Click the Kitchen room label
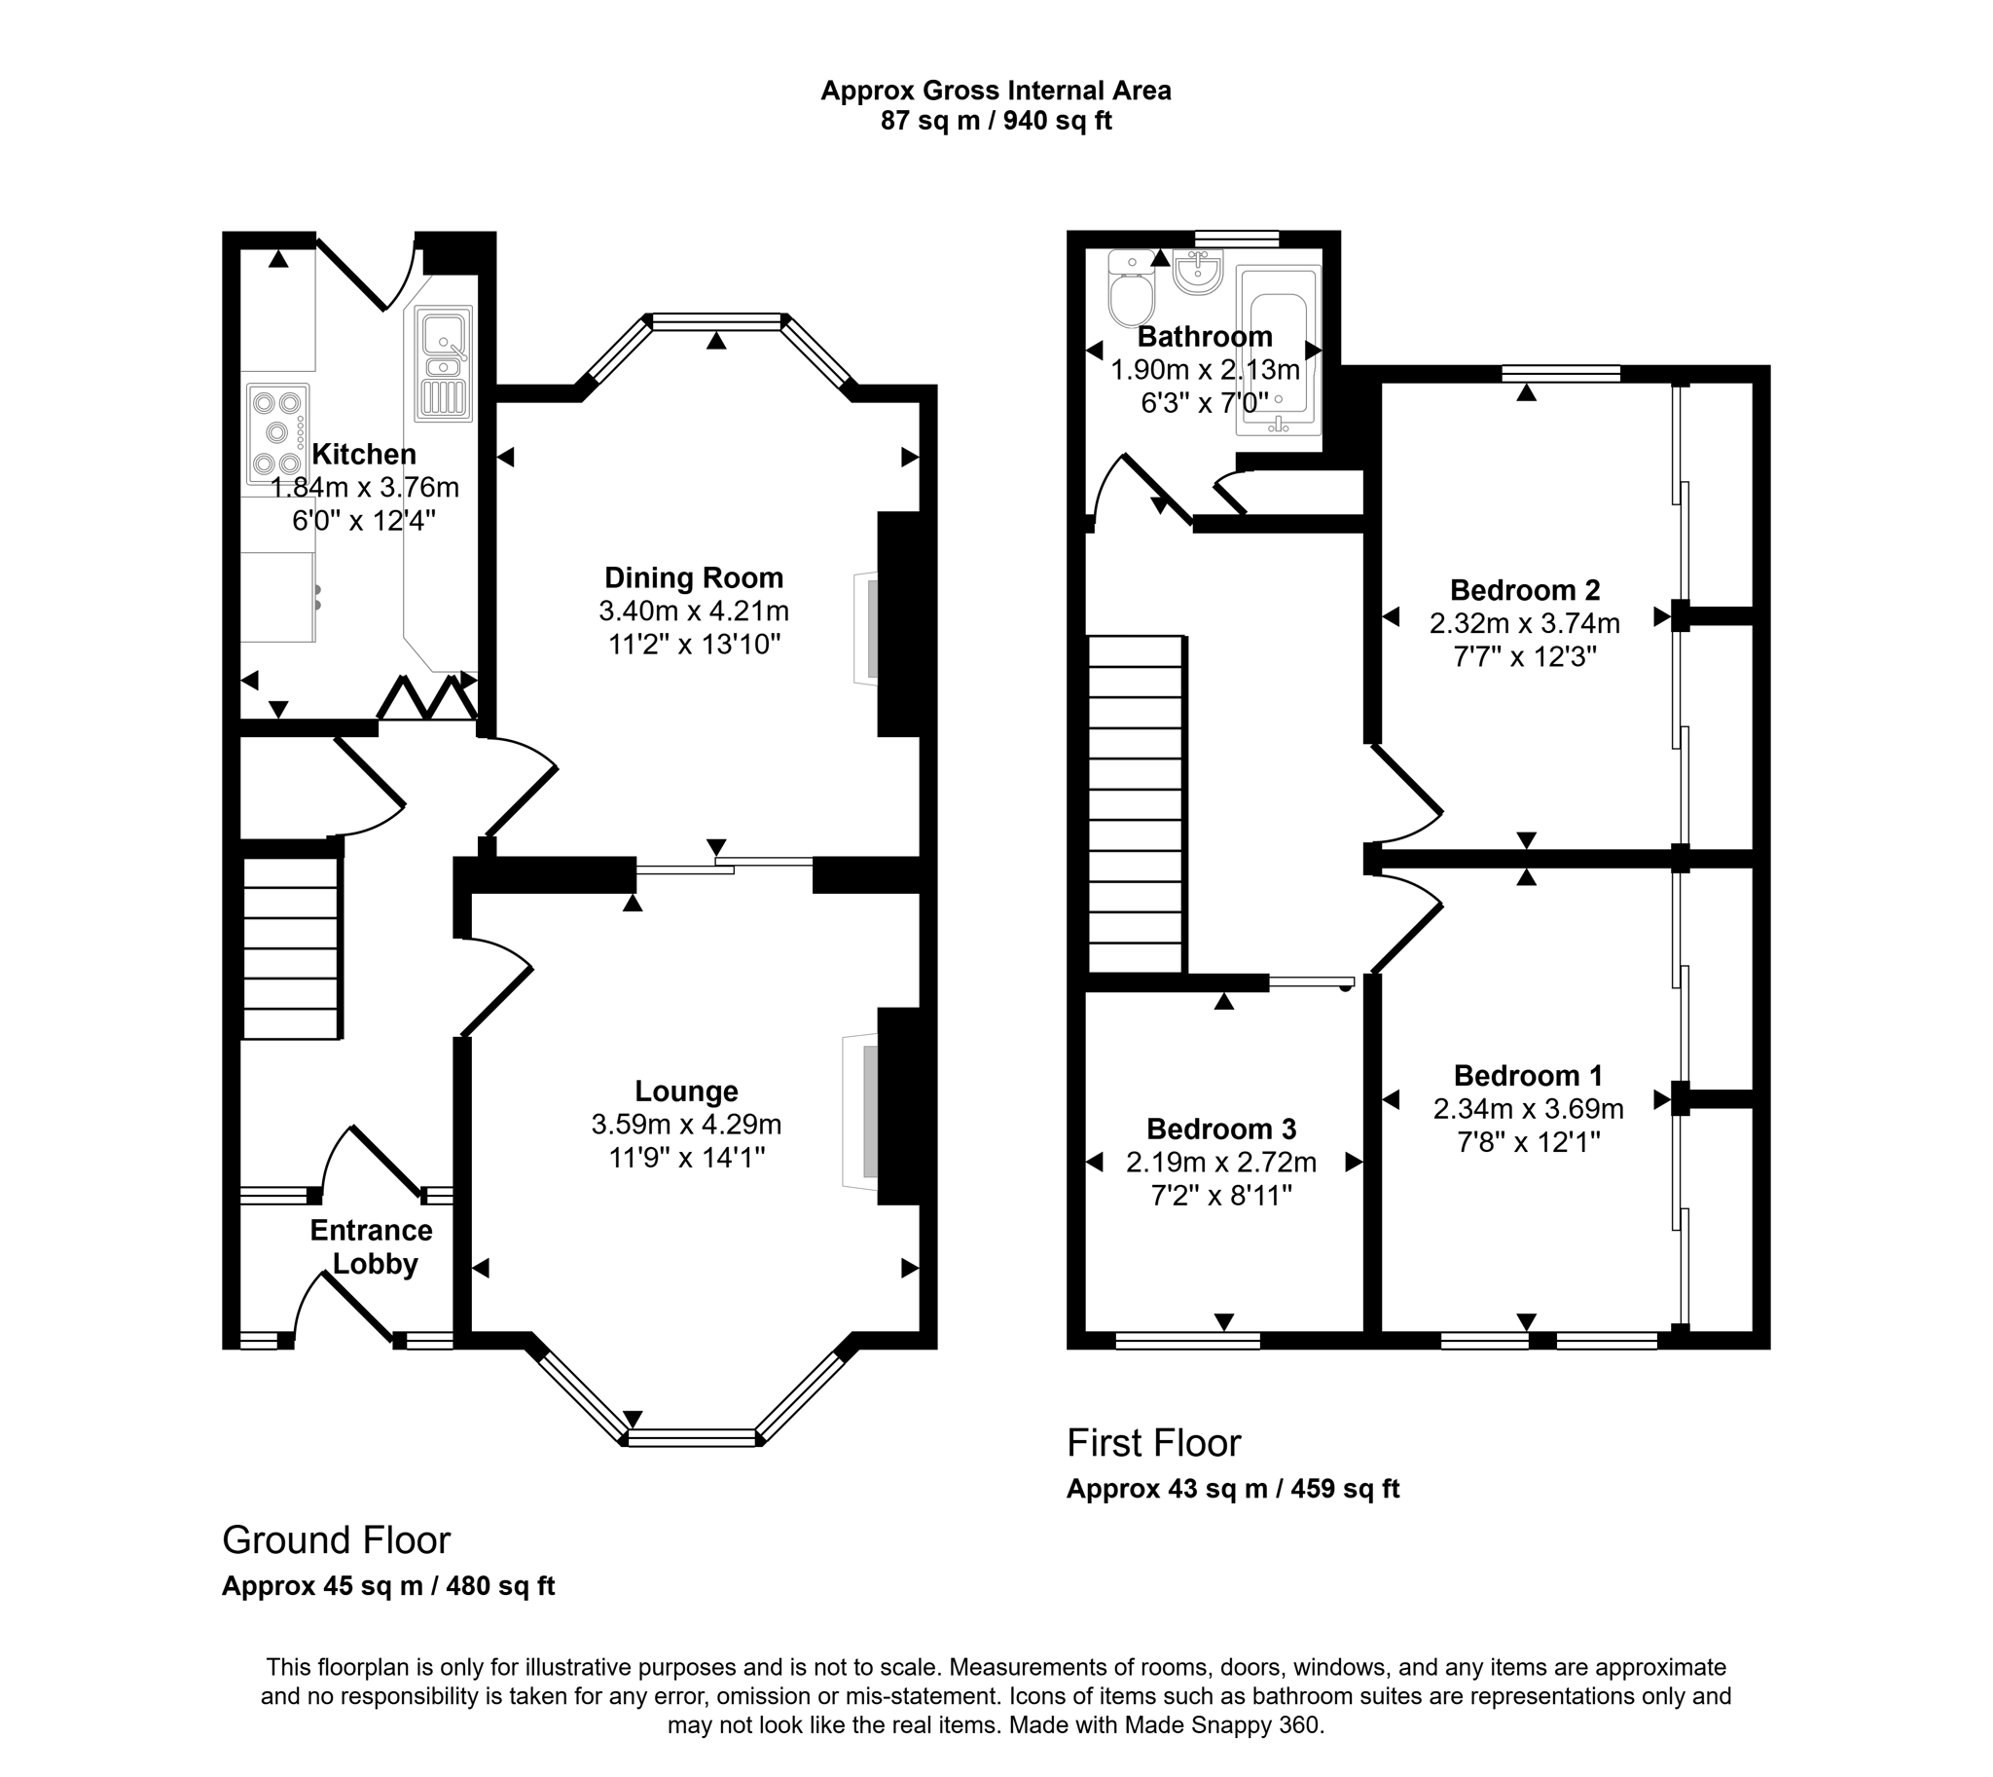point(363,454)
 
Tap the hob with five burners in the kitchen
point(276,430)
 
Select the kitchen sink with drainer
point(444,363)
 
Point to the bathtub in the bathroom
point(1278,350)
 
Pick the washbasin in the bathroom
point(1197,272)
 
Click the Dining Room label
point(693,577)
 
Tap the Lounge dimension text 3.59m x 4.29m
point(686,1125)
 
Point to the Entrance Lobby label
point(372,1247)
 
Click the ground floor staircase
point(290,948)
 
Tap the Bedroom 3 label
point(1221,1129)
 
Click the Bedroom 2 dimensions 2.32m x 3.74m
point(1525,623)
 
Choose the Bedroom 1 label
point(1528,1075)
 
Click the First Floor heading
point(1152,1443)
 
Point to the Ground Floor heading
point(336,1539)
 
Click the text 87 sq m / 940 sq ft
point(996,121)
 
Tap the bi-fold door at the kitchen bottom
point(426,699)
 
